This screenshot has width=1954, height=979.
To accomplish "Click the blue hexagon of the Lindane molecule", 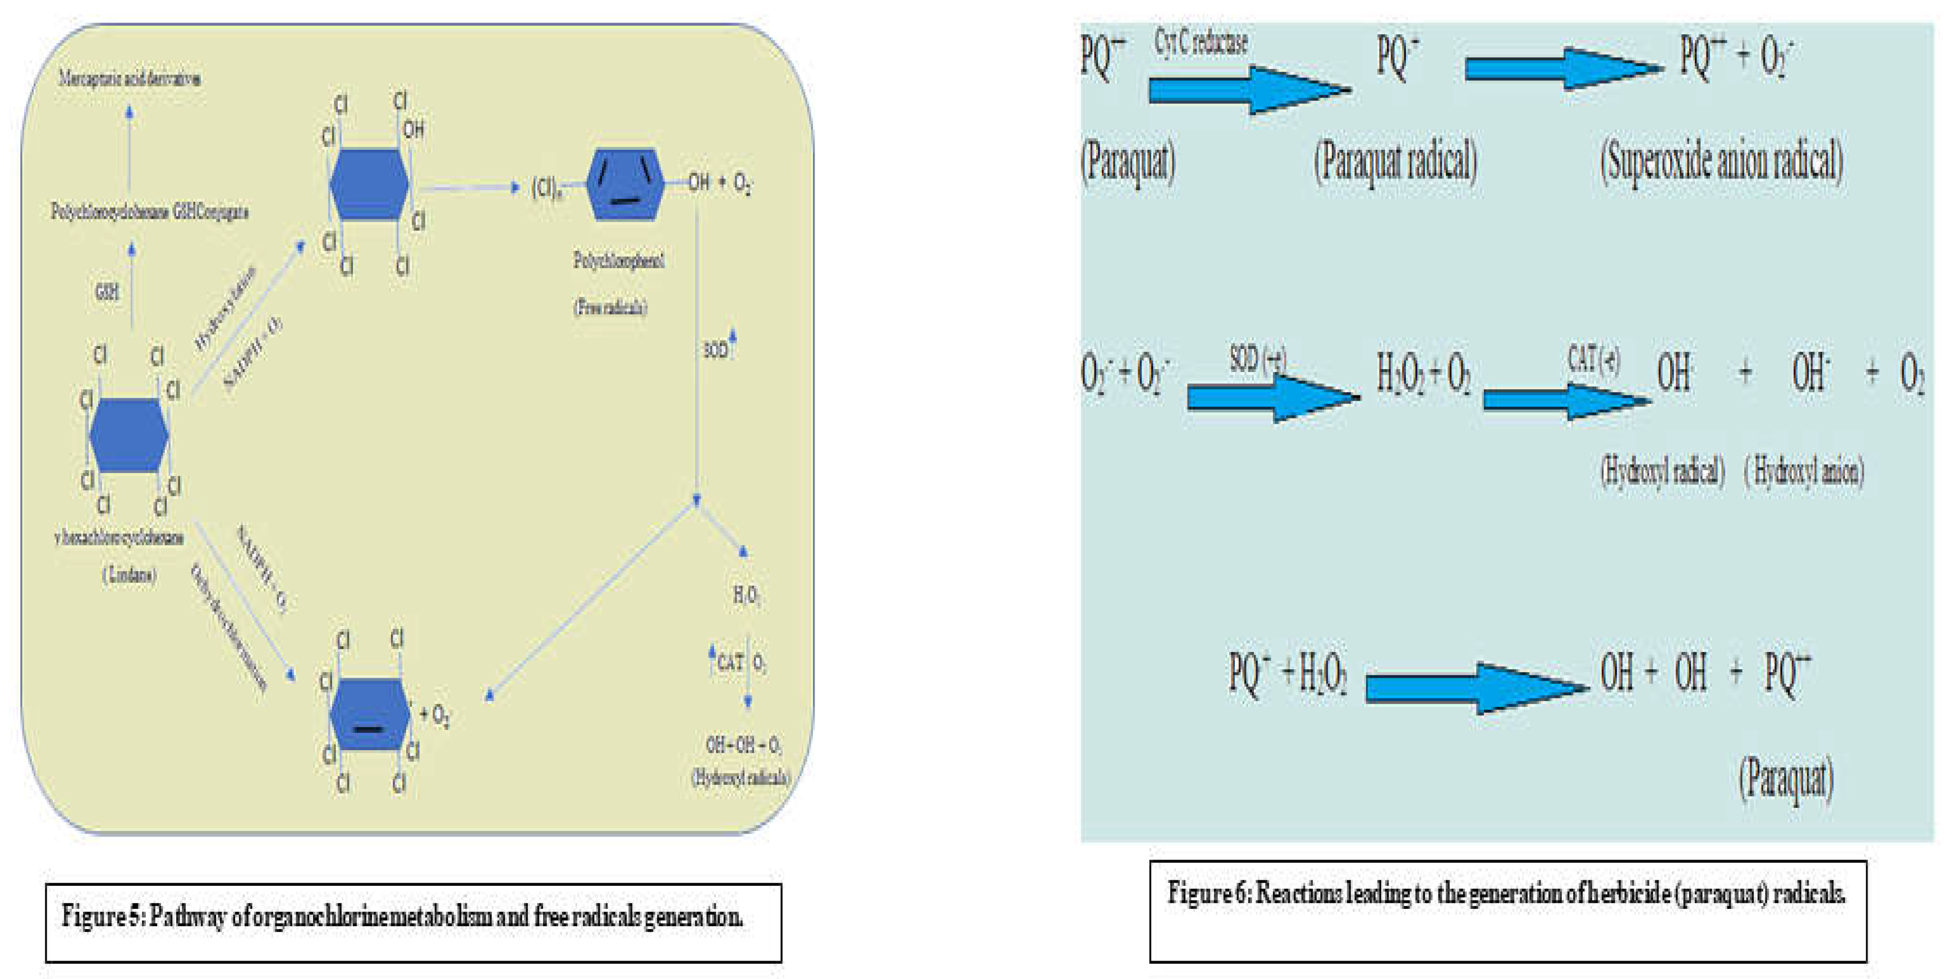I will [128, 435].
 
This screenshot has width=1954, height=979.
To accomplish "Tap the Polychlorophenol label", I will [618, 261].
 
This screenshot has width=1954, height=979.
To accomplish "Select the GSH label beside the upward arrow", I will [107, 291].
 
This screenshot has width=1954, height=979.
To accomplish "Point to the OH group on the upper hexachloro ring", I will [413, 130].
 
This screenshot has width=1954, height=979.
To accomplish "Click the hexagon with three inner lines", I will [624, 184].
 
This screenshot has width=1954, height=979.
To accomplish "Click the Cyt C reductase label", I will [1201, 42].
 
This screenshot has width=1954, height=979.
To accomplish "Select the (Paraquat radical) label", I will [1395, 161].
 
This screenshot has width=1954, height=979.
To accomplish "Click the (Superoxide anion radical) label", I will [1721, 161].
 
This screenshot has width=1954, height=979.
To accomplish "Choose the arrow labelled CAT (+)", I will [1566, 399].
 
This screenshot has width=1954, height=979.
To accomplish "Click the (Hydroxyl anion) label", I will [1804, 472].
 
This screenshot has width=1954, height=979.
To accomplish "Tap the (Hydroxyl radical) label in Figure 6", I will [1662, 472].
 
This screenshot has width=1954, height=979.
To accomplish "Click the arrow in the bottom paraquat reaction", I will [1475, 688].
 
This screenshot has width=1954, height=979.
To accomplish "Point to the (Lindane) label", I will [129, 575].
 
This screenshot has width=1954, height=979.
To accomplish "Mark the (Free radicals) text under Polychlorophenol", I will [610, 307].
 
